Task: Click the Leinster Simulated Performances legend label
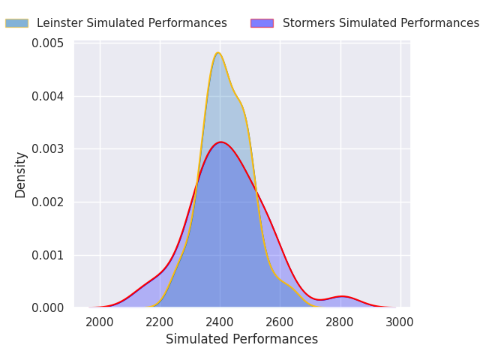(x=131, y=23)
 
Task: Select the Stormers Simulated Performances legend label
(x=380, y=23)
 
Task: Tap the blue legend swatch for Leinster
(x=16, y=23)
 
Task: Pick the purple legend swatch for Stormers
(x=262, y=23)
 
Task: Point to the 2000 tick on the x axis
(x=100, y=322)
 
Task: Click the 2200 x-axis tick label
(x=160, y=322)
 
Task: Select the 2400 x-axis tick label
(x=220, y=322)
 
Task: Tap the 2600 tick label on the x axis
(x=280, y=322)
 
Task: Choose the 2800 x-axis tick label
(x=340, y=322)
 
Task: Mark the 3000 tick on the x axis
(x=400, y=322)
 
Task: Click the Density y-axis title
(x=21, y=175)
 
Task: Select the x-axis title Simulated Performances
(x=241, y=339)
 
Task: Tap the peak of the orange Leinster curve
(x=218, y=52)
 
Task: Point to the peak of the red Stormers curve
(x=220, y=142)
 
